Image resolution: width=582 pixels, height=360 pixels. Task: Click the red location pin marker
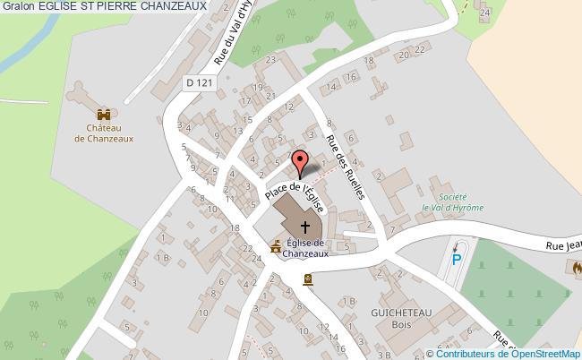click(x=301, y=162)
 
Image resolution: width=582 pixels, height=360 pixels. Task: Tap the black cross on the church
click(x=304, y=226)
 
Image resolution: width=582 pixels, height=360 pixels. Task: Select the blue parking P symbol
click(x=456, y=260)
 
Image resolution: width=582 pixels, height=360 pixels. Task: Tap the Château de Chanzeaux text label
click(x=105, y=133)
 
